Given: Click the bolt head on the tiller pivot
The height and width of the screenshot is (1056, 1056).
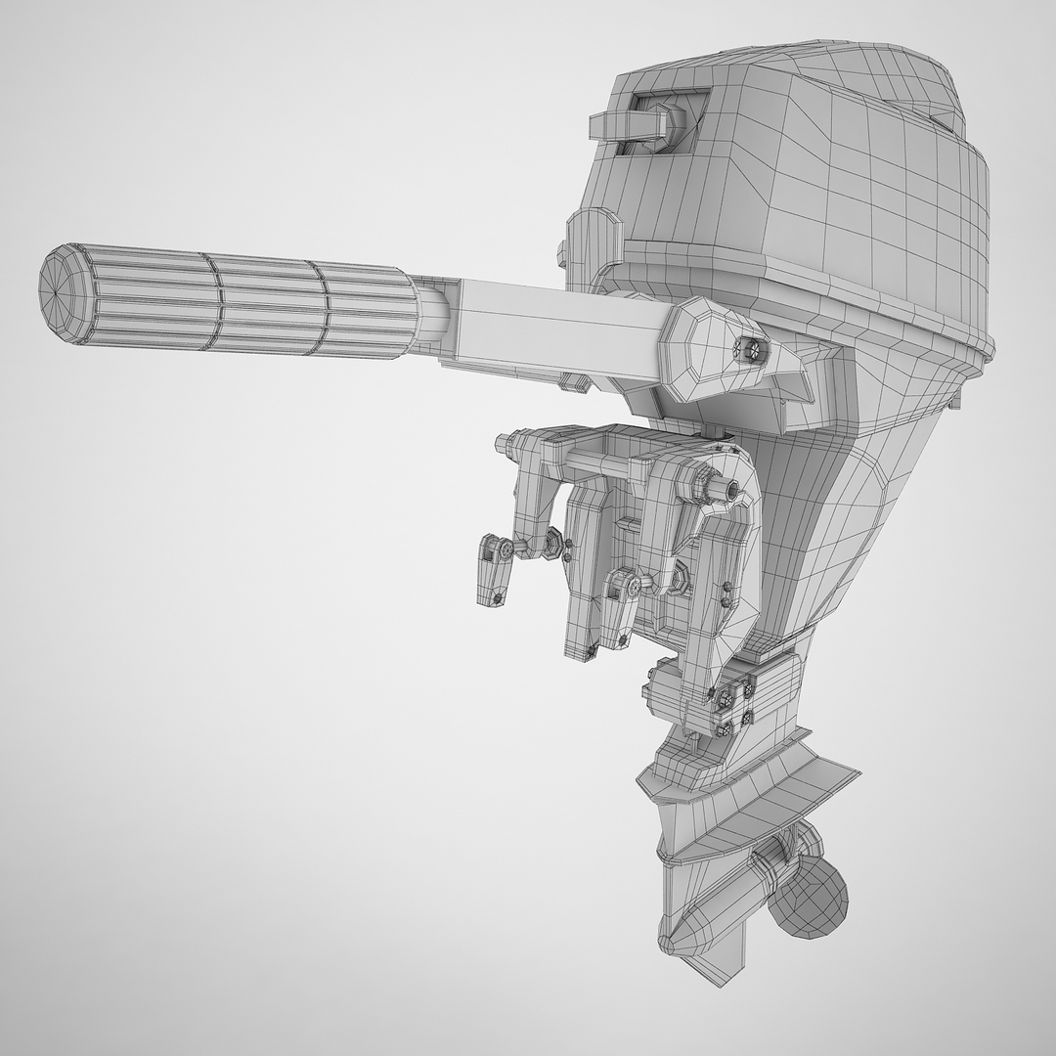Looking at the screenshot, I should (751, 346).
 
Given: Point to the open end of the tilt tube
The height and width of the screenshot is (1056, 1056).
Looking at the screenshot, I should (731, 486).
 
